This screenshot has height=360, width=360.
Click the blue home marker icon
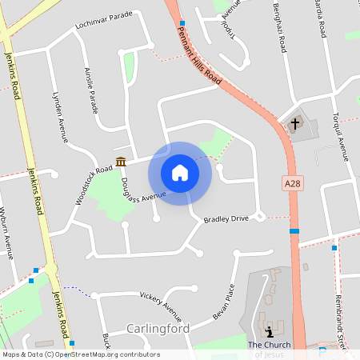tap(180, 173)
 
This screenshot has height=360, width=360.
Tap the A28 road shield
tap(294, 184)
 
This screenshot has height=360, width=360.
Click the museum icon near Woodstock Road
tap(121, 162)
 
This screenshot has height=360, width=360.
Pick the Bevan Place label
tap(224, 302)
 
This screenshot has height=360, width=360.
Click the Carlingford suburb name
tap(158, 329)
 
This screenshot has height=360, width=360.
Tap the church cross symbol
tap(296, 124)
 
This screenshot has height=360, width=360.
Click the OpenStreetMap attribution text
tap(80, 354)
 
